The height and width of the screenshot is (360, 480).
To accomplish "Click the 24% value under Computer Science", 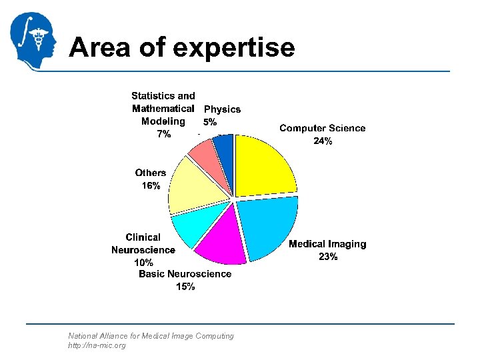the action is point(323,141).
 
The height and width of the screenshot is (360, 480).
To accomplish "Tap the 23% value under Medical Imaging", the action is point(327,257).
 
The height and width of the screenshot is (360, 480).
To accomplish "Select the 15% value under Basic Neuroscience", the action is point(185,287).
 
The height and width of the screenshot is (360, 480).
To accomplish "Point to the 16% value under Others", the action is point(151,186).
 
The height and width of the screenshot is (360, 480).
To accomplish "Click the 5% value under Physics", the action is point(210,122).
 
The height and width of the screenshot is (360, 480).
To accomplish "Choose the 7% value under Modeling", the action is point(163,134).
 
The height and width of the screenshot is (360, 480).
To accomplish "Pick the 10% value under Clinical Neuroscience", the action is point(143,263).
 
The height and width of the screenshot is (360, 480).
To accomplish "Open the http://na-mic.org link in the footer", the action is point(97,345).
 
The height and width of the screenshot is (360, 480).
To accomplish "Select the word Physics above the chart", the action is point(222,109).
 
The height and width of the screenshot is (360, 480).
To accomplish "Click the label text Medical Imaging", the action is point(327,244).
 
